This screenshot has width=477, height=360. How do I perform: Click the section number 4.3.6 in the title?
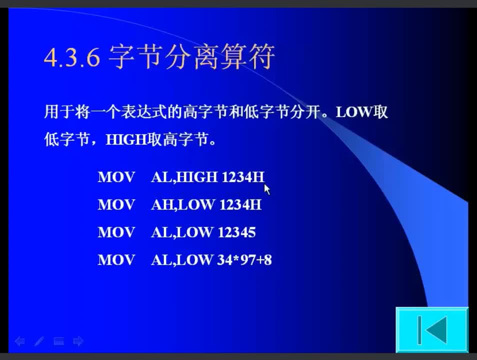coord(72,57)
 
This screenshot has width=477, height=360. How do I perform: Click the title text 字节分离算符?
coord(191,56)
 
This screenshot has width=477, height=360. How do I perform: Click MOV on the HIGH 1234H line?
coord(116,177)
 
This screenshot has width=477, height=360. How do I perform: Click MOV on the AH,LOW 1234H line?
coord(116,204)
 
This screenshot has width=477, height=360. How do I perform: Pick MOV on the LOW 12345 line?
coord(116,232)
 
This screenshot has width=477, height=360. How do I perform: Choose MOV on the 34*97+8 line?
coord(116,260)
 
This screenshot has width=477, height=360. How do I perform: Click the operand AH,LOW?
coord(183,205)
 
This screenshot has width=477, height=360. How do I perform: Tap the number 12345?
coord(236,232)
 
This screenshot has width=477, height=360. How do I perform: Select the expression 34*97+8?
coord(244,260)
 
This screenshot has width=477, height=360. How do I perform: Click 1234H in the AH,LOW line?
coord(240,204)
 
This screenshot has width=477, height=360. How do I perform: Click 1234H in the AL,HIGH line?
coord(243,177)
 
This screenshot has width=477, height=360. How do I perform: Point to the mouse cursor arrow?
coord(267,189)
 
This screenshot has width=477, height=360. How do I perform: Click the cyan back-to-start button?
coord(431,330)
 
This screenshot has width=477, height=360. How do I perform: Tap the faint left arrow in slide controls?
coord(20,341)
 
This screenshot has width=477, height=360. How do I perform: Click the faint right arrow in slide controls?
coord(78,341)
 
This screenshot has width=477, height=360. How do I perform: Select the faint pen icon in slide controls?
coord(39,341)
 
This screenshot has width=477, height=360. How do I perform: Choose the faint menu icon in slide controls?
coord(58,341)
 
